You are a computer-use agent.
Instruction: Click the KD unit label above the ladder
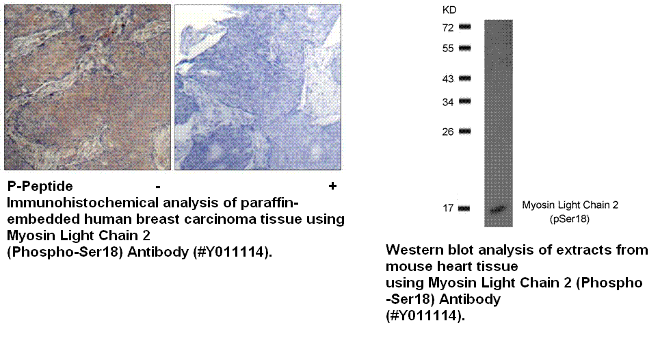point(449,10)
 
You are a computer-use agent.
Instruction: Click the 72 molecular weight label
point(448,28)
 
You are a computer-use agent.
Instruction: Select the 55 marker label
point(448,49)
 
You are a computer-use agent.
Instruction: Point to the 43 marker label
point(448,79)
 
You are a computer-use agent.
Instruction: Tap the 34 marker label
point(448,102)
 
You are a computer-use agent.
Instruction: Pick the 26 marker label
point(448,132)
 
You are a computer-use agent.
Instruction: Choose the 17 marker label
point(448,208)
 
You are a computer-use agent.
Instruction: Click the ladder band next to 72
point(464,27)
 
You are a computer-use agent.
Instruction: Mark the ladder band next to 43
point(464,78)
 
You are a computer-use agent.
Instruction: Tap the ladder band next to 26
point(464,131)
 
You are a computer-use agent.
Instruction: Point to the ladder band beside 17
point(464,208)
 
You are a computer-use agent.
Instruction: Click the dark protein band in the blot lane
point(498,209)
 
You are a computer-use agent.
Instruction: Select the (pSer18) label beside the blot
point(570,219)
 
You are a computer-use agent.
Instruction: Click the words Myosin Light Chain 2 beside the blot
point(570,205)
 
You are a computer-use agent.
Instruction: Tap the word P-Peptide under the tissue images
point(40,186)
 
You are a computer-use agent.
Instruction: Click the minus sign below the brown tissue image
point(158,186)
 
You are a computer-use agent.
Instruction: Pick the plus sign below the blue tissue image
point(332,185)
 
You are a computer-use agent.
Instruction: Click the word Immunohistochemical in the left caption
point(83,203)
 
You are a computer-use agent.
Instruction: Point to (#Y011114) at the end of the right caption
point(425,316)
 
